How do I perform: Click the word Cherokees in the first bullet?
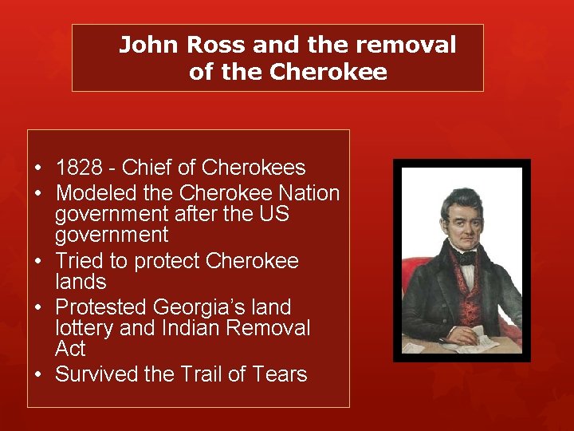[x=254, y=168]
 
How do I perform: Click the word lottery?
[x=84, y=328]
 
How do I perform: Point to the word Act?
[x=70, y=349]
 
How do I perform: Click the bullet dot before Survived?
[x=38, y=375]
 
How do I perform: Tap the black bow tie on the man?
[x=466, y=258]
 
